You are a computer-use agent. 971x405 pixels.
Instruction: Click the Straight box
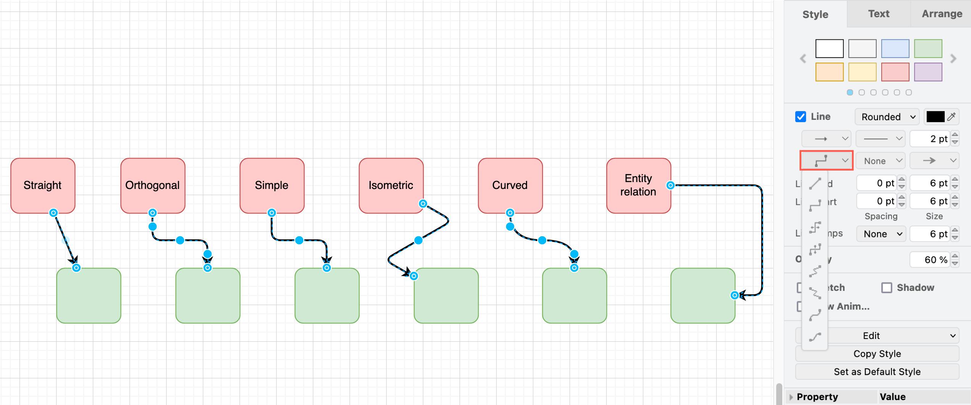pos(42,185)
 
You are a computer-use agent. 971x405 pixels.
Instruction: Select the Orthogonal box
pos(152,185)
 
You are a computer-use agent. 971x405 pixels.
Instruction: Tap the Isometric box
pos(390,185)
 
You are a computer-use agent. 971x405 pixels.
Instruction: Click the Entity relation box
pos(638,185)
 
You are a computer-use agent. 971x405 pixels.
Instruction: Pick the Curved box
pos(510,185)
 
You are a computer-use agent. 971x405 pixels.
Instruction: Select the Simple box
pos(272,185)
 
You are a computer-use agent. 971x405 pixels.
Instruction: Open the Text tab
pos(879,14)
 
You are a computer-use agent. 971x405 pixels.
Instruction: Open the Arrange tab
pos(942,14)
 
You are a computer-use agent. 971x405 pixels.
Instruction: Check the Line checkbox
pos(801,116)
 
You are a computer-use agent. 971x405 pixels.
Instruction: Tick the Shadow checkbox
pos(887,287)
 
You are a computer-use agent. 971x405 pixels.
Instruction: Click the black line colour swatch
pos(935,117)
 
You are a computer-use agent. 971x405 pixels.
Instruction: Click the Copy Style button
pos(877,354)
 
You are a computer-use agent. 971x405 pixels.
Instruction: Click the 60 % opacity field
pos(930,260)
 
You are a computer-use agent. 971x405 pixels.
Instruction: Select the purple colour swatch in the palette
pos(928,72)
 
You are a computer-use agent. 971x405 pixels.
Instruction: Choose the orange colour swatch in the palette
pos(829,72)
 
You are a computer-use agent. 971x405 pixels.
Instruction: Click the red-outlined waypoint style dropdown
pos(826,161)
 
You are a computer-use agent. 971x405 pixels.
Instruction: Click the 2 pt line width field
pos(930,139)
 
